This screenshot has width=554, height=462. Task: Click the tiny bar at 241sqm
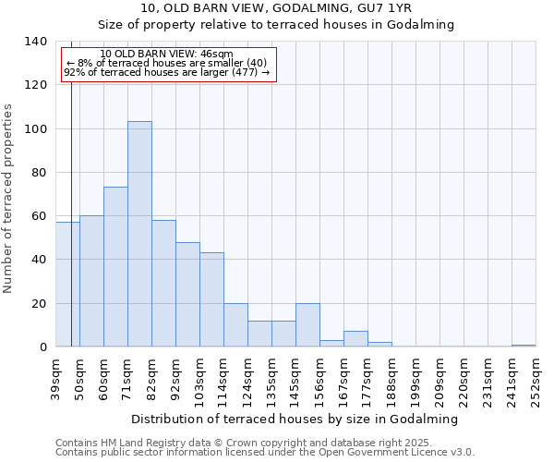point(524,346)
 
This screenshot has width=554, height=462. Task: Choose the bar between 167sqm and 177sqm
point(355,339)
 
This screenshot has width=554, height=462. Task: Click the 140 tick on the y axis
point(36,42)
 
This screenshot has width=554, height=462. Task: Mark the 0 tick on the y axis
point(42,346)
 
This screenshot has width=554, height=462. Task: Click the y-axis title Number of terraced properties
point(8,199)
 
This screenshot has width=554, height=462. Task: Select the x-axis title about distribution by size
point(295,419)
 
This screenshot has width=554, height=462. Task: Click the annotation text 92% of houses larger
point(166,72)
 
